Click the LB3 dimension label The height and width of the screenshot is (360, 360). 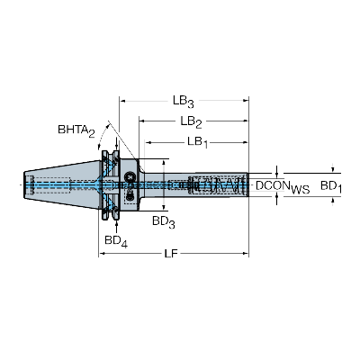(x=183, y=102)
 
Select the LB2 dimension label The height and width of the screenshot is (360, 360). (x=191, y=122)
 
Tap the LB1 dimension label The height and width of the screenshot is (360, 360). (x=197, y=142)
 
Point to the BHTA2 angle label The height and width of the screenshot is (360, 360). (x=76, y=130)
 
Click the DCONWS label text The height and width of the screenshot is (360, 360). (x=283, y=187)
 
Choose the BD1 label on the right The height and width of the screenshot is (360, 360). (x=331, y=186)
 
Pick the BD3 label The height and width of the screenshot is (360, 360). (x=164, y=222)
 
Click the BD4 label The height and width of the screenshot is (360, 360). (x=116, y=241)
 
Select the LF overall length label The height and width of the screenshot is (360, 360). (x=171, y=254)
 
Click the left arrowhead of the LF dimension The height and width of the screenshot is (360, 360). (x=102, y=254)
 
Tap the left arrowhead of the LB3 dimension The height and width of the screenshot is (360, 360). (x=122, y=101)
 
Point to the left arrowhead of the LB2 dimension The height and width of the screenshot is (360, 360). (x=142, y=121)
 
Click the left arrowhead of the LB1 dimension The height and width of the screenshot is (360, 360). (x=148, y=141)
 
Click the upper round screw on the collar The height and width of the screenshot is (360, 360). (x=130, y=175)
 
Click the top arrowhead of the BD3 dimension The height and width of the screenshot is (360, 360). (x=164, y=162)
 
